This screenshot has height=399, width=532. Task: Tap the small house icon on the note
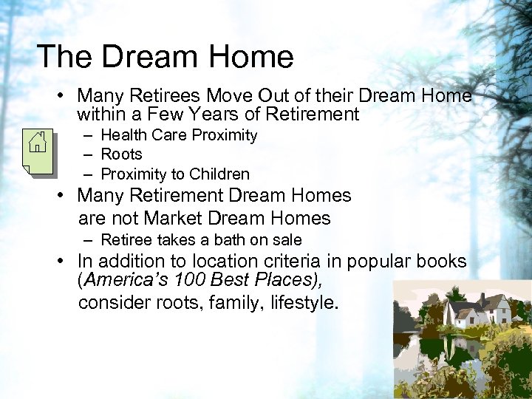(38, 141)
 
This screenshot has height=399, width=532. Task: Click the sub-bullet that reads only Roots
(121, 154)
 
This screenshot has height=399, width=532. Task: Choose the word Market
(175, 218)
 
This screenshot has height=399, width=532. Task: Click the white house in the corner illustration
(473, 313)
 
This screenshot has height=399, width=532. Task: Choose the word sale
(287, 239)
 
